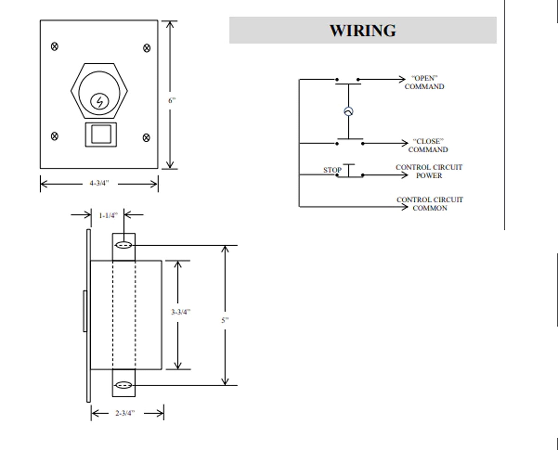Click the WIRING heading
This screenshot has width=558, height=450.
pos(363,30)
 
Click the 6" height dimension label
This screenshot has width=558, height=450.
pos(172,101)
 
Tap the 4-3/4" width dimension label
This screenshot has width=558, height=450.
pos(99,183)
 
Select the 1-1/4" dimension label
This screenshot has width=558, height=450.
pos(108,216)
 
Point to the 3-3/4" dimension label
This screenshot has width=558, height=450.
pos(181,312)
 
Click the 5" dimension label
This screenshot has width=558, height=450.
pos(225,320)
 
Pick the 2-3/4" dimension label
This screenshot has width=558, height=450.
pos(125,413)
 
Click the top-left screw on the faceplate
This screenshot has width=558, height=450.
pos(55,47)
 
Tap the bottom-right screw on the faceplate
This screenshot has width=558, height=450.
pos(146,138)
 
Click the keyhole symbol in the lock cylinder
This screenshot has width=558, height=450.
pos(100,102)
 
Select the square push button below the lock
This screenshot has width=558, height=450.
pos(101,134)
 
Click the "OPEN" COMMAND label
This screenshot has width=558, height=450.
pos(424,82)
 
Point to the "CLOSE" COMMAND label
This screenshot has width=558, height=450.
pos(428,146)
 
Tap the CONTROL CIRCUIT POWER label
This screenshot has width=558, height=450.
pos(429,171)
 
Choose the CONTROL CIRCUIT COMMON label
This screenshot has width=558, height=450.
pos(430,204)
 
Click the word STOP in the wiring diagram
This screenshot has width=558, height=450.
pos(332,170)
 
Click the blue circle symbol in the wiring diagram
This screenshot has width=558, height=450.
pos(348,112)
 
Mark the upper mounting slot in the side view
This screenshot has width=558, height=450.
pos(124,245)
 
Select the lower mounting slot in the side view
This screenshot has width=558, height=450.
pos(124,385)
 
